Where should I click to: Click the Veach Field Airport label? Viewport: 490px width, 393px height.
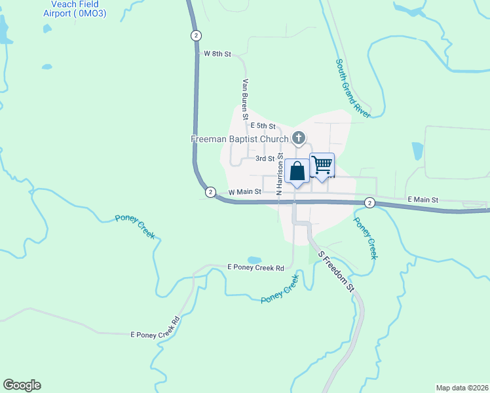pyautogui.click(x=74, y=8)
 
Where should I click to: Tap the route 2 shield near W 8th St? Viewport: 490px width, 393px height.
pyautogui.click(x=196, y=35)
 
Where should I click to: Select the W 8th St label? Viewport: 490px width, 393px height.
pyautogui.click(x=217, y=54)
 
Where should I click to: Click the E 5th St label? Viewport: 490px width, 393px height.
pyautogui.click(x=263, y=126)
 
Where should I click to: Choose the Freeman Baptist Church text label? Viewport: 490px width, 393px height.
pyautogui.click(x=239, y=139)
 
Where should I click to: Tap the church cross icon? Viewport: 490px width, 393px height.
pyautogui.click(x=299, y=138)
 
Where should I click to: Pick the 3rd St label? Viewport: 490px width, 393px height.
pyautogui.click(x=265, y=159)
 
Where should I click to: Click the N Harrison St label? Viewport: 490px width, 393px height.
pyautogui.click(x=280, y=174)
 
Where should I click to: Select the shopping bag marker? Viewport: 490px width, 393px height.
pyautogui.click(x=297, y=172)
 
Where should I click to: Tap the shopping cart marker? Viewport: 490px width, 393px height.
pyautogui.click(x=322, y=165)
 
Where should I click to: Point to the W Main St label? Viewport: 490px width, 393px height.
pyautogui.click(x=244, y=192)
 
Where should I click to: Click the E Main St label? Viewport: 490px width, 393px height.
pyautogui.click(x=422, y=199)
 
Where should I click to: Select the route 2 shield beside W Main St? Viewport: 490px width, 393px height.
pyautogui.click(x=210, y=192)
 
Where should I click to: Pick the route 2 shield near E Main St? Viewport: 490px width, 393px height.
pyautogui.click(x=369, y=203)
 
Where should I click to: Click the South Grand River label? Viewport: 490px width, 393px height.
pyautogui.click(x=352, y=88)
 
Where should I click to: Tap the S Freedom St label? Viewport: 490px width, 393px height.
pyautogui.click(x=335, y=271)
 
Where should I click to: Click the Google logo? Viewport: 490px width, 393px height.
pyautogui.click(x=22, y=385)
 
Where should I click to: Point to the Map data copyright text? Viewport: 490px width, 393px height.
pyautogui.click(x=462, y=388)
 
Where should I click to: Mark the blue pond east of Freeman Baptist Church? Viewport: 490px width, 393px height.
pyautogui.click(x=417, y=151)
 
